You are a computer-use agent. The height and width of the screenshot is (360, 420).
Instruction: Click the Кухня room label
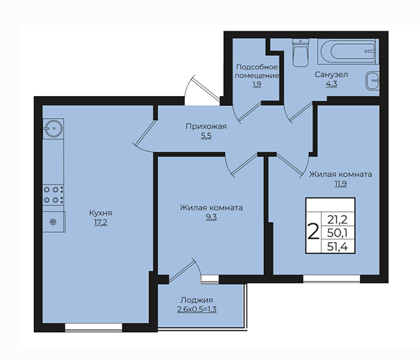(x=101, y=213)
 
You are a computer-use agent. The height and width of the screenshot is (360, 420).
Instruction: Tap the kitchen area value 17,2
(x=101, y=223)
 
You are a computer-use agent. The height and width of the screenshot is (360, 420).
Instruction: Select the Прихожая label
(x=206, y=127)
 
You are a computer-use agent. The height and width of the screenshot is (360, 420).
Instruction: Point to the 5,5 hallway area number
(x=206, y=136)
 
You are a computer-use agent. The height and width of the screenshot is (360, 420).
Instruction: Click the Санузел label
(x=331, y=75)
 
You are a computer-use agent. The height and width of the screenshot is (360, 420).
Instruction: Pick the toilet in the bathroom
(x=301, y=53)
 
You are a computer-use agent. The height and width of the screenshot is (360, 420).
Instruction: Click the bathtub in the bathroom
(x=348, y=51)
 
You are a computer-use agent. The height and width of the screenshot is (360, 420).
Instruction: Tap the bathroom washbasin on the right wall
(x=372, y=81)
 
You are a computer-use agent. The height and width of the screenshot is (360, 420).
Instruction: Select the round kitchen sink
(x=53, y=129)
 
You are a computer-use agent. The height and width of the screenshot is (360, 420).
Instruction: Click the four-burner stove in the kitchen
(x=53, y=195)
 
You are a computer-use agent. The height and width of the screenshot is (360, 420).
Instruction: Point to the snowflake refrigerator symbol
(x=53, y=222)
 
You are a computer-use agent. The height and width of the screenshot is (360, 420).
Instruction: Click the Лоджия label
(x=197, y=300)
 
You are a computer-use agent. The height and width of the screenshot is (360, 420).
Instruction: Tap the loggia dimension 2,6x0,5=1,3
(x=197, y=309)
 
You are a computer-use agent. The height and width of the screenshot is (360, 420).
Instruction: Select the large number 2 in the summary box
(x=313, y=232)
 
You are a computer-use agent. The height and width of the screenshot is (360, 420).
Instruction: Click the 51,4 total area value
(x=337, y=247)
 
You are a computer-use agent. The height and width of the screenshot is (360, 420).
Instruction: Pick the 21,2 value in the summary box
(x=337, y=220)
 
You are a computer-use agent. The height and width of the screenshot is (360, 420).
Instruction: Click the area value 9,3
(x=211, y=217)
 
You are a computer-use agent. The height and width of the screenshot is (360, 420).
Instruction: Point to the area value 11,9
(x=341, y=184)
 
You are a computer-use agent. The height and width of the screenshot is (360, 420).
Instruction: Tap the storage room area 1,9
(x=257, y=85)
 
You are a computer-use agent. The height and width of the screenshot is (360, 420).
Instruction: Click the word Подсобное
(x=257, y=67)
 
